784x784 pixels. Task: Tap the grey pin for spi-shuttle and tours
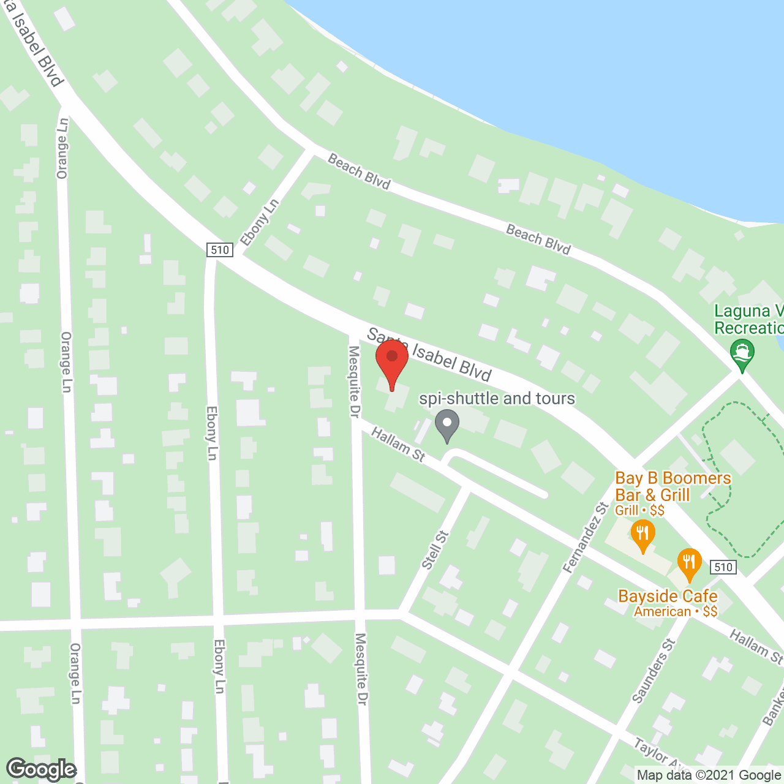pyautogui.click(x=448, y=424)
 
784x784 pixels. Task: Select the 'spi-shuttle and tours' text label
pyautogui.click(x=497, y=399)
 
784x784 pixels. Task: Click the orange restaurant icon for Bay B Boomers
pyautogui.click(x=642, y=534)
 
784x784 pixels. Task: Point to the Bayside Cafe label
pyautogui.click(x=668, y=596)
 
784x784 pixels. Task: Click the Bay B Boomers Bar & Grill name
pyautogui.click(x=673, y=486)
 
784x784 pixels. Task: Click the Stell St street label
pyautogui.click(x=435, y=549)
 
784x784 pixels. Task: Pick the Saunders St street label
pyautogui.click(x=653, y=670)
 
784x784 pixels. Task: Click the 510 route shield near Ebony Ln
pyautogui.click(x=219, y=249)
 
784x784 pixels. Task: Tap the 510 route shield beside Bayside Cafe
pyautogui.click(x=723, y=567)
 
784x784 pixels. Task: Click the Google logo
pyautogui.click(x=41, y=769)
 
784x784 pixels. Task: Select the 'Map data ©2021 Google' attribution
pyautogui.click(x=709, y=775)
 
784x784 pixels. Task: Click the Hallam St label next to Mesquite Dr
pyautogui.click(x=398, y=444)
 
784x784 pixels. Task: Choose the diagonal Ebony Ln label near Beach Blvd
pyautogui.click(x=260, y=222)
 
